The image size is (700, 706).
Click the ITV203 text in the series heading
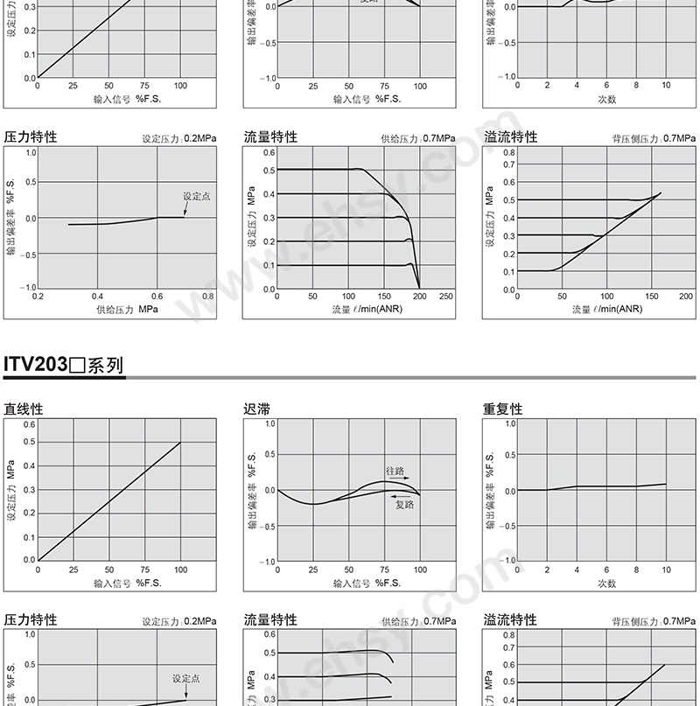click(36, 364)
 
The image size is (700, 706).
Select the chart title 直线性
click(24, 409)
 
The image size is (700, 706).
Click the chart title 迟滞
click(255, 409)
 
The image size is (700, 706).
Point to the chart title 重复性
click(502, 409)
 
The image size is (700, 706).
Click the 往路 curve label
click(396, 470)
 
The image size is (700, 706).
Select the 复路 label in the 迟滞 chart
click(403, 505)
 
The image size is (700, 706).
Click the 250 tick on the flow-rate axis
click(446, 297)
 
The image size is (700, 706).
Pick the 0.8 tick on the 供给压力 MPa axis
click(207, 297)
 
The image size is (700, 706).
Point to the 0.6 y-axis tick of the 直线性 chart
click(30, 424)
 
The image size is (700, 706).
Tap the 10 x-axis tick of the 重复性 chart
click(666, 570)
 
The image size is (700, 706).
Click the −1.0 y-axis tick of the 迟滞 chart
click(268, 561)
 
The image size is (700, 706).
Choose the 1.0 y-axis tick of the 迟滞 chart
click(270, 424)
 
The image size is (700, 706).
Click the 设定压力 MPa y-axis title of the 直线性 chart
click(11, 492)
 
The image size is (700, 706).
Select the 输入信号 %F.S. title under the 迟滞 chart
click(367, 583)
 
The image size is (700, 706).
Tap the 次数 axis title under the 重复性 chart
click(606, 583)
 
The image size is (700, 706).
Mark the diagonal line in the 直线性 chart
click(109, 500)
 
